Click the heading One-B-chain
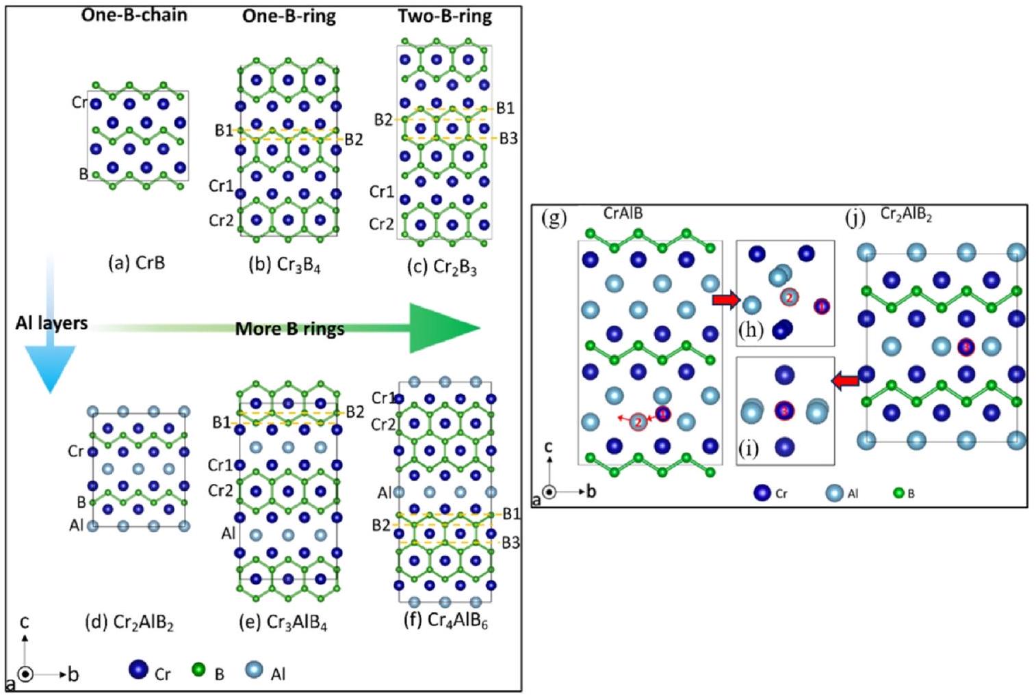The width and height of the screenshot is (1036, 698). [x=134, y=15]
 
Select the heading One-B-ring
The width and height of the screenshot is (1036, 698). [x=289, y=16]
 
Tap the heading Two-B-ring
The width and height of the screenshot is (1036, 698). [x=445, y=16]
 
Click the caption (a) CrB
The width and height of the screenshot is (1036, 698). [x=137, y=263]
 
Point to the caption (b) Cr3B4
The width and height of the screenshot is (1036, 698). [x=284, y=265]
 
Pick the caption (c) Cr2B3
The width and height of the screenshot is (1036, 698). [x=442, y=267]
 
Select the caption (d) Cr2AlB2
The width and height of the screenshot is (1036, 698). [x=129, y=623]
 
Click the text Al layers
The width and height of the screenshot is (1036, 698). [x=51, y=323]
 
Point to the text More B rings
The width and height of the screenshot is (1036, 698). [x=289, y=329]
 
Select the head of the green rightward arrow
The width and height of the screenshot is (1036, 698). [x=444, y=328]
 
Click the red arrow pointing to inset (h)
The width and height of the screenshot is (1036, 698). [x=726, y=299]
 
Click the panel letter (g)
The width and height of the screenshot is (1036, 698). [x=554, y=218]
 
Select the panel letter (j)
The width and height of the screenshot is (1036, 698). [x=855, y=217]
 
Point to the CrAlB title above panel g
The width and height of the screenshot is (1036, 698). [x=623, y=214]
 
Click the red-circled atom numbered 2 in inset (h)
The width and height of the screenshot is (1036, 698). [x=789, y=297]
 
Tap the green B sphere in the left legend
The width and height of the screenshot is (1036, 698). [x=198, y=670]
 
